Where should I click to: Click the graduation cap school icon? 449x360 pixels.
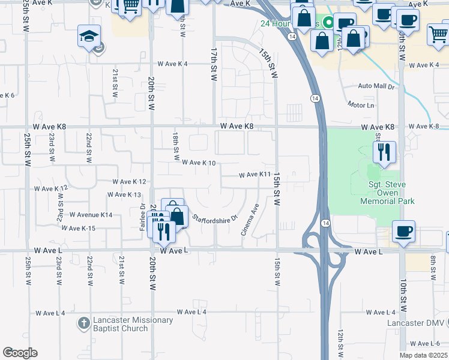(89, 37)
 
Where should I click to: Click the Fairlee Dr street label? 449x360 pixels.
(143, 218)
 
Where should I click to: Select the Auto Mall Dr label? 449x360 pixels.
(376, 86)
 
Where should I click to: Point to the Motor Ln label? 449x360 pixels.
(361, 104)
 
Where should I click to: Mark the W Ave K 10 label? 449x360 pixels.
(199, 163)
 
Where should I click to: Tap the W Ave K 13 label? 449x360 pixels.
(124, 195)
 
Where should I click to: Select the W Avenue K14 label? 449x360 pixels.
(91, 214)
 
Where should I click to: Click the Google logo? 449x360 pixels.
(20, 353)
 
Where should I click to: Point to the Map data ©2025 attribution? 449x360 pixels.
(424, 356)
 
